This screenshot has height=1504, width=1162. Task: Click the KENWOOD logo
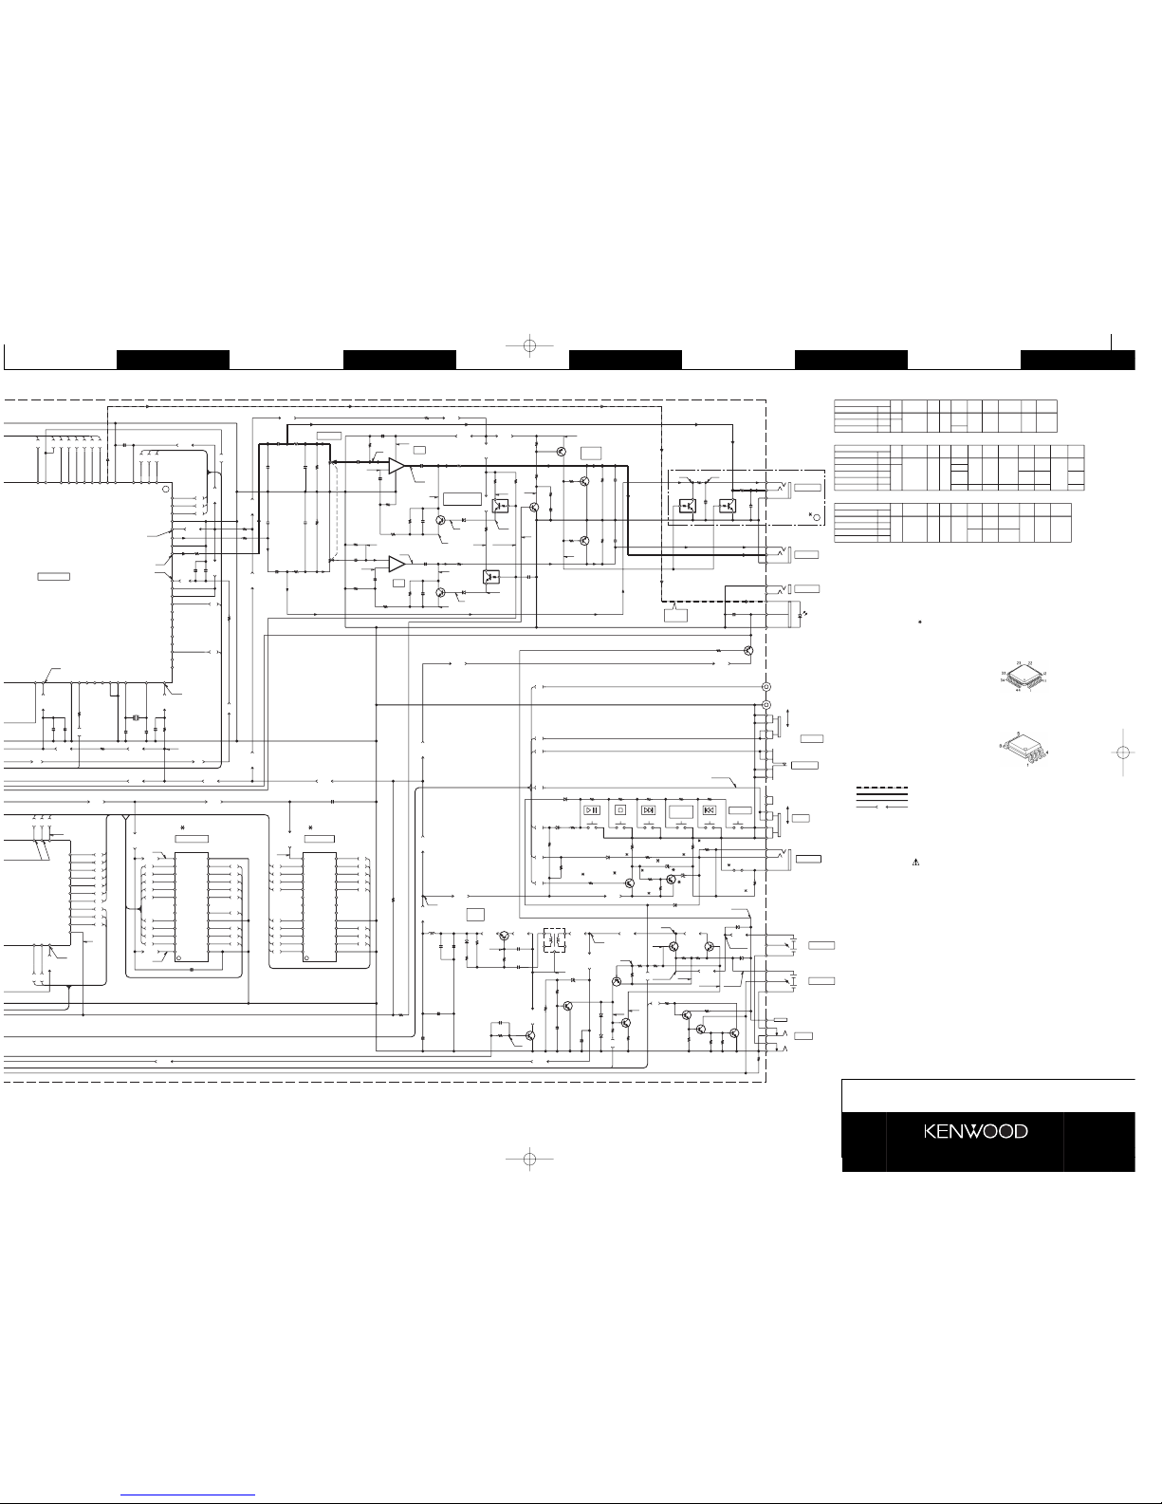[976, 1131]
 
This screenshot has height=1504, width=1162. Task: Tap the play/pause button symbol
[591, 810]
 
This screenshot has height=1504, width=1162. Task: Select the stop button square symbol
[619, 810]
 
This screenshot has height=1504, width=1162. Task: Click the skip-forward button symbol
[649, 810]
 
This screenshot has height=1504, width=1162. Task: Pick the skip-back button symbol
[709, 810]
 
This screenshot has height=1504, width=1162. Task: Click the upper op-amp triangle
[397, 465]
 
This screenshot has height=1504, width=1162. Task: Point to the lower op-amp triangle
[397, 564]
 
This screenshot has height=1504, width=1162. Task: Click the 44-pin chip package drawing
[1022, 676]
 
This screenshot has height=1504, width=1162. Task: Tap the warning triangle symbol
[917, 863]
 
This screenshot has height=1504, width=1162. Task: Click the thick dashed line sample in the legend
[882, 788]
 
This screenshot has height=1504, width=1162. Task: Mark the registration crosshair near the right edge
[1122, 752]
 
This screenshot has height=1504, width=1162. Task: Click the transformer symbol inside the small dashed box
[553, 942]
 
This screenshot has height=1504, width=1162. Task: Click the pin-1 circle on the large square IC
[165, 490]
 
